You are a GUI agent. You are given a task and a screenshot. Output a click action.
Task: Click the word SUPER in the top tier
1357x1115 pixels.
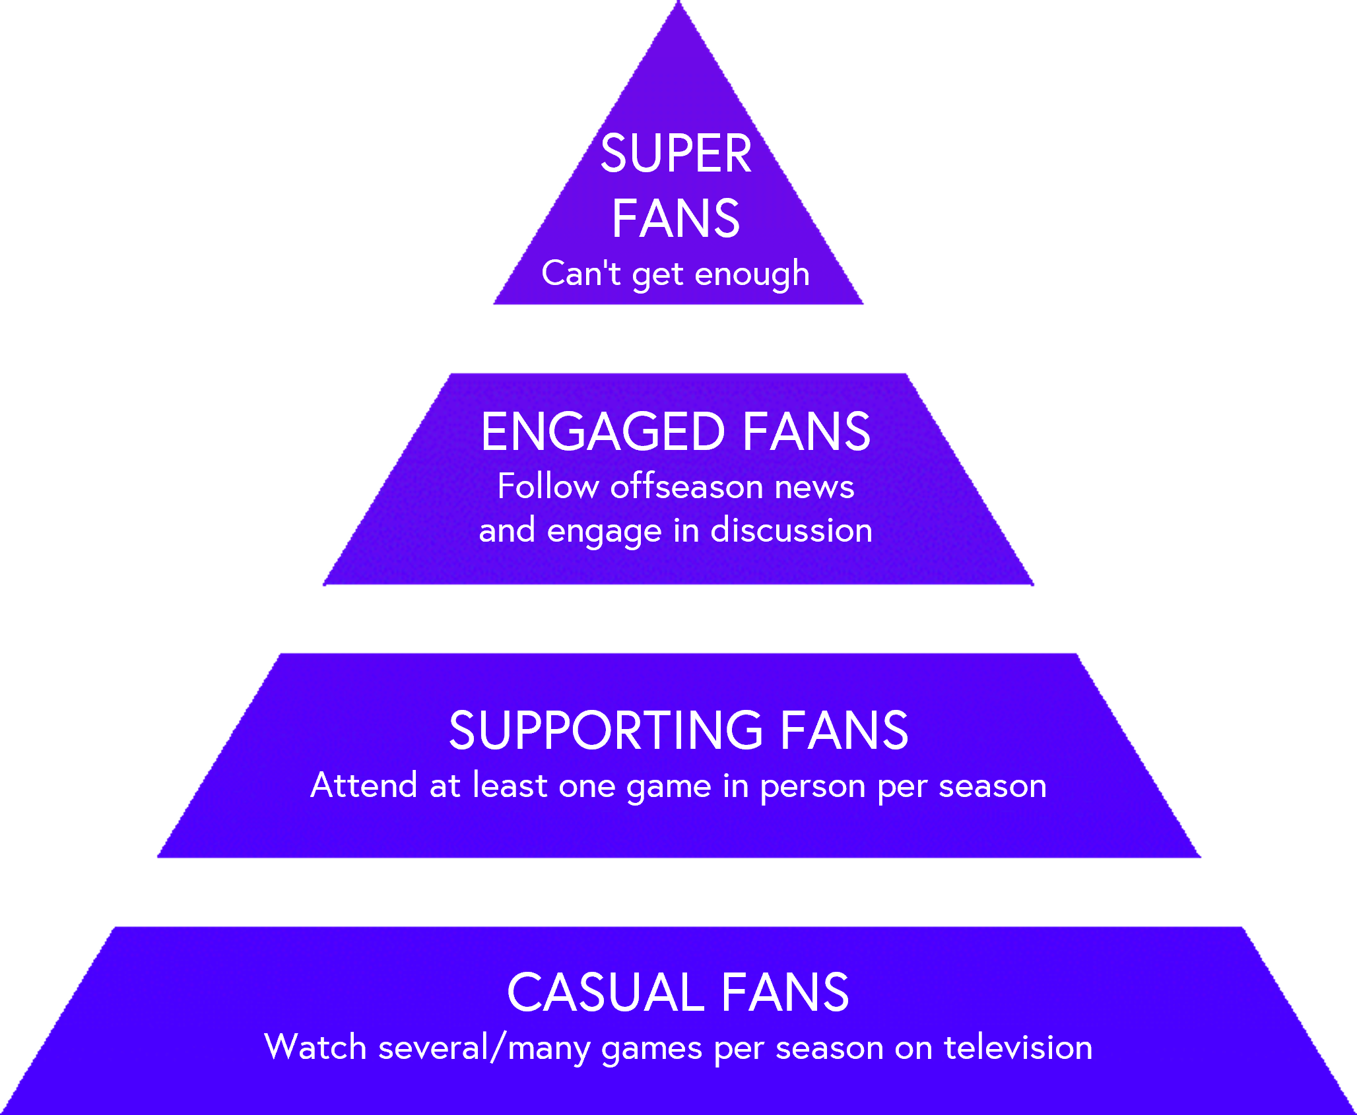pyautogui.click(x=676, y=154)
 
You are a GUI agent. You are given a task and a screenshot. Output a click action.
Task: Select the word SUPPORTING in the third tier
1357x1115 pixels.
pyautogui.click(x=605, y=730)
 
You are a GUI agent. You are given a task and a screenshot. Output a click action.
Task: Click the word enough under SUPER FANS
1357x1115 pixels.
pyautogui.click(x=752, y=274)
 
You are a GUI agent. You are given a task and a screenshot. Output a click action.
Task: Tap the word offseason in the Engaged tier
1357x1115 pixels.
pyautogui.click(x=686, y=487)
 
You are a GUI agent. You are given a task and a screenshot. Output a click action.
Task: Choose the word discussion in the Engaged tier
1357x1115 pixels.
pyautogui.click(x=791, y=530)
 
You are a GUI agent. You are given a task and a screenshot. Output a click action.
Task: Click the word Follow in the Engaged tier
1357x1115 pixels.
pyautogui.click(x=548, y=487)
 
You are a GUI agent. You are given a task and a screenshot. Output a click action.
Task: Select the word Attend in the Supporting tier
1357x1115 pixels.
pyautogui.click(x=364, y=785)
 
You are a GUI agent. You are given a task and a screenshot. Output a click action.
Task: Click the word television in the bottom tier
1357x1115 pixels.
pyautogui.click(x=1018, y=1048)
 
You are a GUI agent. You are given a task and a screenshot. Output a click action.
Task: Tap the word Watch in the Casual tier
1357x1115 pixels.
pyautogui.click(x=315, y=1048)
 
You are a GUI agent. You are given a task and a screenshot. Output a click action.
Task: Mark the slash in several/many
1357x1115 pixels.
pyautogui.click(x=498, y=1048)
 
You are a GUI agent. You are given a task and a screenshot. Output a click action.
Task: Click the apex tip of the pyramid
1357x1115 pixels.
pyautogui.click(x=678, y=4)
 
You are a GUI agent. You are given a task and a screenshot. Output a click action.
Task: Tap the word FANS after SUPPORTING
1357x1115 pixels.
pyautogui.click(x=844, y=730)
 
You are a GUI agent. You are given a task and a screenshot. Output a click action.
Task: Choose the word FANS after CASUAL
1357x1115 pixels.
pyautogui.click(x=785, y=992)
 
